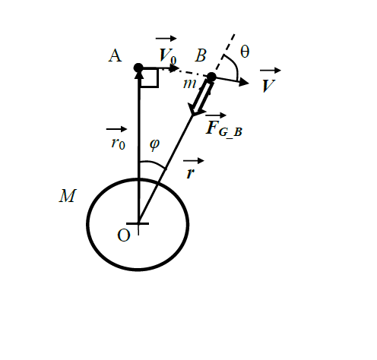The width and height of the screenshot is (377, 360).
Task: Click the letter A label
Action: coord(115,55)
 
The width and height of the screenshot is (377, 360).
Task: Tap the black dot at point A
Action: coord(138,68)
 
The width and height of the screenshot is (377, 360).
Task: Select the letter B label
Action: coord(201,55)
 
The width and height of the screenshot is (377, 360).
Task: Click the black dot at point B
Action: coord(211,77)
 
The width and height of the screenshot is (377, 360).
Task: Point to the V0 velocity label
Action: coord(167,55)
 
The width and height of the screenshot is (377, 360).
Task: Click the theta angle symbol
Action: coord(245,52)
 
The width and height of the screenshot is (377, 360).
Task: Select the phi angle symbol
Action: coord(154,144)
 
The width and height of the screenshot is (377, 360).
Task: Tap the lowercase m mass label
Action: coord(189,84)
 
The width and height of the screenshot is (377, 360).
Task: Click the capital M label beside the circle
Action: coord(68,196)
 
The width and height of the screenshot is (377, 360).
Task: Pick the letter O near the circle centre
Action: coord(124,235)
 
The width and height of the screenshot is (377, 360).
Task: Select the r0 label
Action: coord(118,144)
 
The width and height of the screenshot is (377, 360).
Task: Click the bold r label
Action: coord(190,173)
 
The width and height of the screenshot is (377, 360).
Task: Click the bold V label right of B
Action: coord(268,86)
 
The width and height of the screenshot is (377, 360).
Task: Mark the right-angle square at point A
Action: coord(150,77)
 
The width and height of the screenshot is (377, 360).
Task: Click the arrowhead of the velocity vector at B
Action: coord(243,82)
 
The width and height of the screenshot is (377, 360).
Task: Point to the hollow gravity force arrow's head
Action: coord(196,110)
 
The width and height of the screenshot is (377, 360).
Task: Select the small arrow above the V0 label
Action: coord(166,39)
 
